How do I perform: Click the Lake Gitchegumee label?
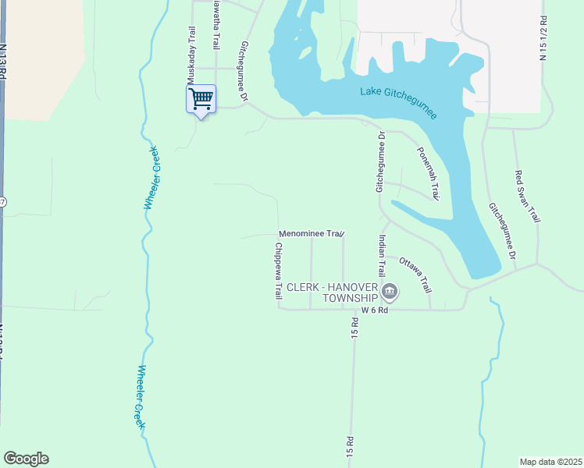(x=399, y=102)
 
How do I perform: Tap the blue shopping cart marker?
(x=201, y=99)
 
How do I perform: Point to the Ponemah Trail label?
(x=429, y=173)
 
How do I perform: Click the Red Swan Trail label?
(x=528, y=196)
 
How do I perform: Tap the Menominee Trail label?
(x=312, y=233)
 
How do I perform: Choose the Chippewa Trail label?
(x=277, y=271)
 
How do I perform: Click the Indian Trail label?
(x=382, y=256)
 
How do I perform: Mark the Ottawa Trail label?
(x=415, y=275)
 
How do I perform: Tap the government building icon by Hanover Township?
(x=390, y=293)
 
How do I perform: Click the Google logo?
(x=26, y=459)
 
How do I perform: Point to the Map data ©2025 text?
(x=551, y=462)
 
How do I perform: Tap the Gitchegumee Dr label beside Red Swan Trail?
(x=502, y=232)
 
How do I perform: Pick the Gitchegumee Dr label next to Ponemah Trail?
(x=380, y=161)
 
